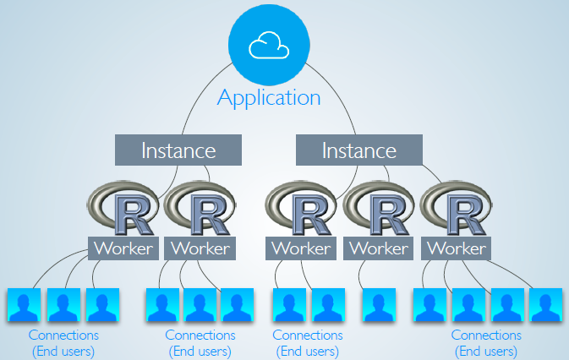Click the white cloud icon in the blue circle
pyautogui.click(x=269, y=46)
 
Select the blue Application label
pyautogui.click(x=269, y=96)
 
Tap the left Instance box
pyautogui.click(x=178, y=151)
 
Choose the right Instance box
pyautogui.click(x=358, y=151)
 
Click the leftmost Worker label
pyautogui.click(x=123, y=248)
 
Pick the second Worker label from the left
pyautogui.click(x=200, y=248)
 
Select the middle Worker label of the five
pyautogui.click(x=301, y=248)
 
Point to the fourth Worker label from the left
pyautogui.click(x=378, y=248)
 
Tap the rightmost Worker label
pyautogui.click(x=456, y=248)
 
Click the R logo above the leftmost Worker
pyautogui.click(x=123, y=210)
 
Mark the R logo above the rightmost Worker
pyautogui.click(x=456, y=210)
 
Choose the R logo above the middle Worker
pyautogui.click(x=301, y=210)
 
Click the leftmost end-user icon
pyautogui.click(x=25, y=305)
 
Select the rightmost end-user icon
pyautogui.click(x=545, y=305)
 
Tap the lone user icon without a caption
pyautogui.click(x=378, y=305)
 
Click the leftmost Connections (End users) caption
pyautogui.click(x=63, y=343)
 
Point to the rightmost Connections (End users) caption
pyautogui.click(x=487, y=343)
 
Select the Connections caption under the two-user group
pyautogui.click(x=308, y=343)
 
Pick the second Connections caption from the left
pyautogui.click(x=200, y=343)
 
